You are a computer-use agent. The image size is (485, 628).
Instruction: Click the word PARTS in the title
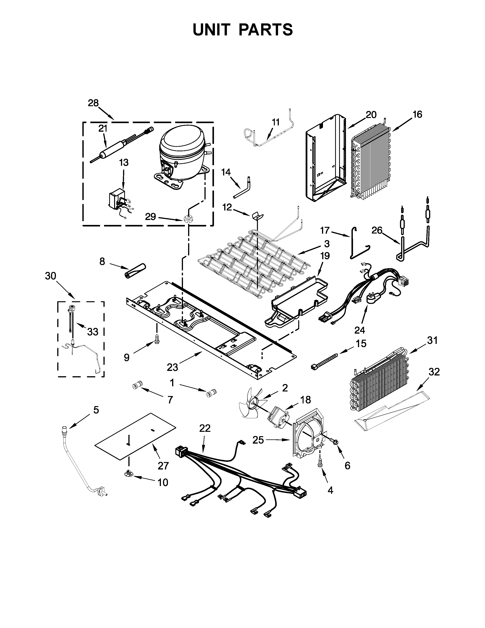pos(266,30)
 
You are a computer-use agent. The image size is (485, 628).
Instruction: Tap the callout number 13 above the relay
pos(124,163)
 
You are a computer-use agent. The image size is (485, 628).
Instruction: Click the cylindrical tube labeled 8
pos(135,271)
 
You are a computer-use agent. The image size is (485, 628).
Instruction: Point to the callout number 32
pos(434,372)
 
